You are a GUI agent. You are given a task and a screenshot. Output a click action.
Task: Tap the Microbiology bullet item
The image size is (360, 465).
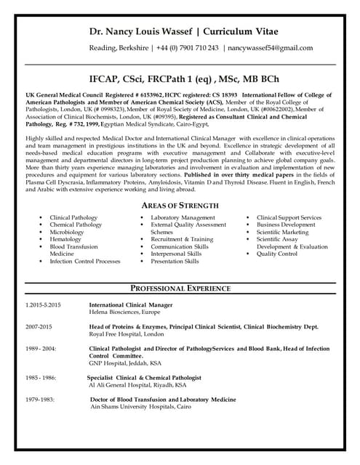pyautogui.click(x=69, y=232)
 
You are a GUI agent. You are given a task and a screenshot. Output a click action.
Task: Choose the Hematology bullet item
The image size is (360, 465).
pyautogui.click(x=66, y=240)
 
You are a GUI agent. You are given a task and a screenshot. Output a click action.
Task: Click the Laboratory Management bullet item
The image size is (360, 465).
pyautogui.click(x=183, y=218)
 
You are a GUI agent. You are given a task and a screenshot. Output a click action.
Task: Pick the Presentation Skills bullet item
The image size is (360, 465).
pyautogui.click(x=175, y=262)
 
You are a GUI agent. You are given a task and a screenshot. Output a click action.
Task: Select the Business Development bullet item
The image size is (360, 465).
pyautogui.click(x=286, y=225)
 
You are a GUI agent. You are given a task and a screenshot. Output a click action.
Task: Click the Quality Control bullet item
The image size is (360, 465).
pyautogui.click(x=277, y=254)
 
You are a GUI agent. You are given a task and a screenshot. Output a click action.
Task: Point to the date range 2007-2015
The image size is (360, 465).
pyautogui.click(x=39, y=328)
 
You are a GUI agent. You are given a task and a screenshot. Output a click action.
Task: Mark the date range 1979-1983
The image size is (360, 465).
pyautogui.click(x=39, y=400)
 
